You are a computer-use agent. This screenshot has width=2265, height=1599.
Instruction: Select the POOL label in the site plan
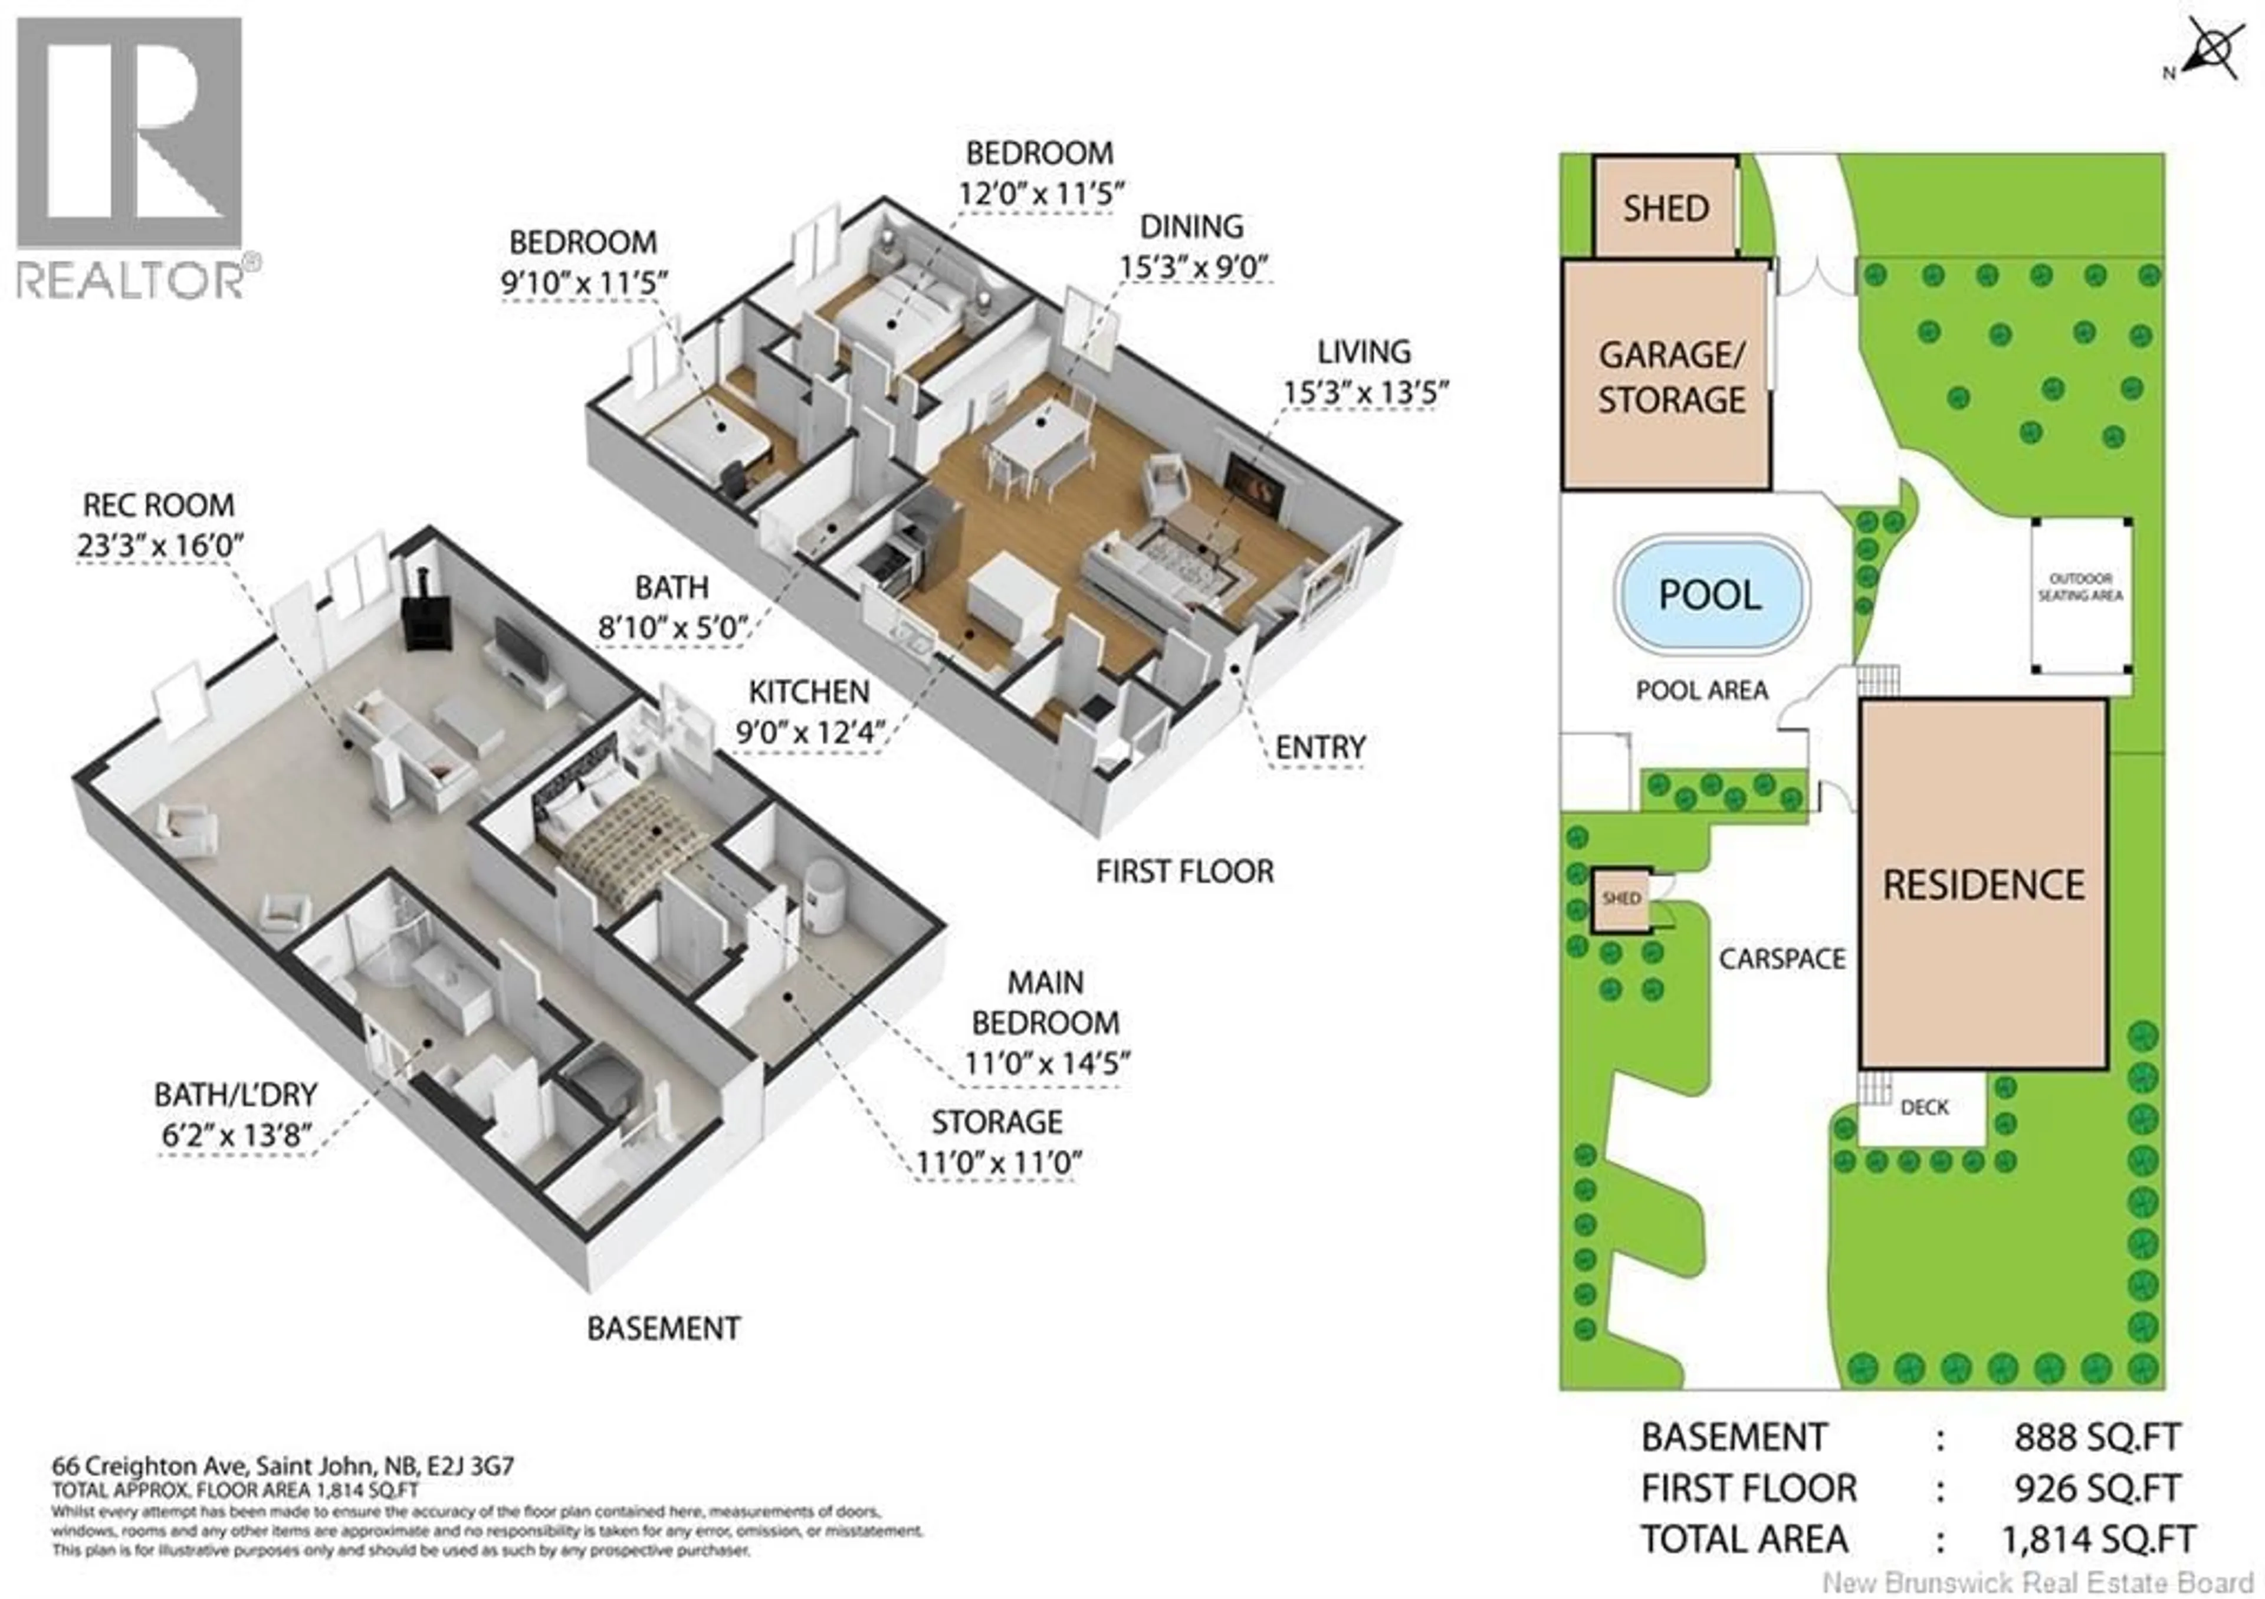[1709, 595]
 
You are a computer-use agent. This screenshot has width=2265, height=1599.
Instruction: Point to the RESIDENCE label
[1983, 885]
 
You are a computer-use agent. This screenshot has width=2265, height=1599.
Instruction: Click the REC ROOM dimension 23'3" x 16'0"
[160, 546]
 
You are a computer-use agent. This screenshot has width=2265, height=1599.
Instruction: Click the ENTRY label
[1320, 748]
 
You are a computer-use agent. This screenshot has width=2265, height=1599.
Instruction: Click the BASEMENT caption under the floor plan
[663, 1329]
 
